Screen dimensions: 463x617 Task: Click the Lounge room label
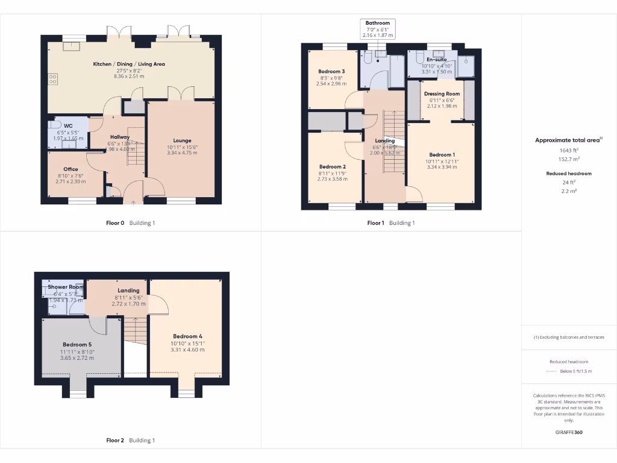point(181,140)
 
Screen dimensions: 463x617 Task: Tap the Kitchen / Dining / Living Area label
point(129,64)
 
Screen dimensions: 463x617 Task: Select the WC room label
point(60,126)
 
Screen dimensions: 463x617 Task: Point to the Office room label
point(71,169)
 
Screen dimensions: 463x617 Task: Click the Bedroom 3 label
point(331,71)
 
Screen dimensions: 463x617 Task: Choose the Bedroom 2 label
point(332,166)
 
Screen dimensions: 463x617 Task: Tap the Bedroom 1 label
point(442,154)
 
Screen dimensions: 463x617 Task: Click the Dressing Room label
point(442,94)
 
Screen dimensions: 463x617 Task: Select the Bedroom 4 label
point(187,336)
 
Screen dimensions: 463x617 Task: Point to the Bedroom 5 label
point(77,345)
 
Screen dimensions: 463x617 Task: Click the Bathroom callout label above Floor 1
point(378,23)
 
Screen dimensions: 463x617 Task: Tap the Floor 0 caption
point(114,223)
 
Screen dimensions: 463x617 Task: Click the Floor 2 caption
point(114,440)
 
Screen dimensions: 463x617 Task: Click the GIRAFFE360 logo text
point(569,432)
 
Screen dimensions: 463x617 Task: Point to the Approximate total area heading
point(568,140)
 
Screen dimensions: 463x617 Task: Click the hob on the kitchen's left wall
point(52,78)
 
